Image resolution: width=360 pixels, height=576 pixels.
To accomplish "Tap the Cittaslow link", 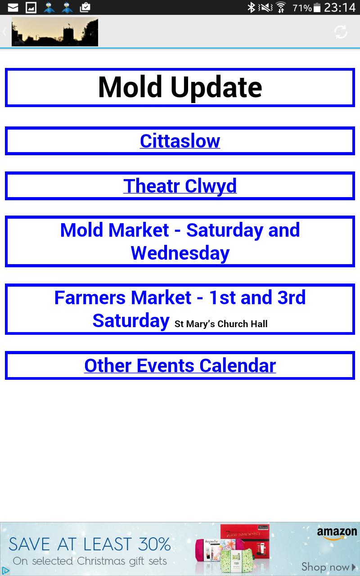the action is [180, 141].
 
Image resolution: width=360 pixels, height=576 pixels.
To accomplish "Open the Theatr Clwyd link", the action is [180, 186].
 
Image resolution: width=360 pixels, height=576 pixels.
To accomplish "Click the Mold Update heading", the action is [180, 87].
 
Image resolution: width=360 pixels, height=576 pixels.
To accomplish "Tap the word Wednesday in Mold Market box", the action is [180, 253].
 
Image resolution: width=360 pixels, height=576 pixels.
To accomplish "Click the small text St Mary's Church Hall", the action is [221, 324].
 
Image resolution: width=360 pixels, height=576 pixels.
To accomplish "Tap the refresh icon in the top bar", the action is [341, 32].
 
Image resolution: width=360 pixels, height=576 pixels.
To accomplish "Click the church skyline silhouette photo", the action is [55, 32].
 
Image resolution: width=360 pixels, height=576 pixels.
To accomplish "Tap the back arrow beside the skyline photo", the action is [4, 32].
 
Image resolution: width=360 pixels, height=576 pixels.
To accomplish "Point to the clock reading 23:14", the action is [340, 8].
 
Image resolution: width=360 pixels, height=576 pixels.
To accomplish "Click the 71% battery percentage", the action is [302, 8].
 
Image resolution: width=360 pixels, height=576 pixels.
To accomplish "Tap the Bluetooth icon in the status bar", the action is [251, 8].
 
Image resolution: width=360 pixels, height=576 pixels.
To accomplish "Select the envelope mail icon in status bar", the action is [13, 8].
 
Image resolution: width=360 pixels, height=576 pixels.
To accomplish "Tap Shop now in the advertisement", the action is [328, 567].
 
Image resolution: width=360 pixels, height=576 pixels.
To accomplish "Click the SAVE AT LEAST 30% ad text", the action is [90, 544].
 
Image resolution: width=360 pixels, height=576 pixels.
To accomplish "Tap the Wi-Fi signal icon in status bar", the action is [281, 7].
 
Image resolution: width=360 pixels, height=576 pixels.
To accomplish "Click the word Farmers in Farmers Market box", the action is [90, 298].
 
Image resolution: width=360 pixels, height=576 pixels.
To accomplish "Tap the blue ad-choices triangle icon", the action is [6, 571].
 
